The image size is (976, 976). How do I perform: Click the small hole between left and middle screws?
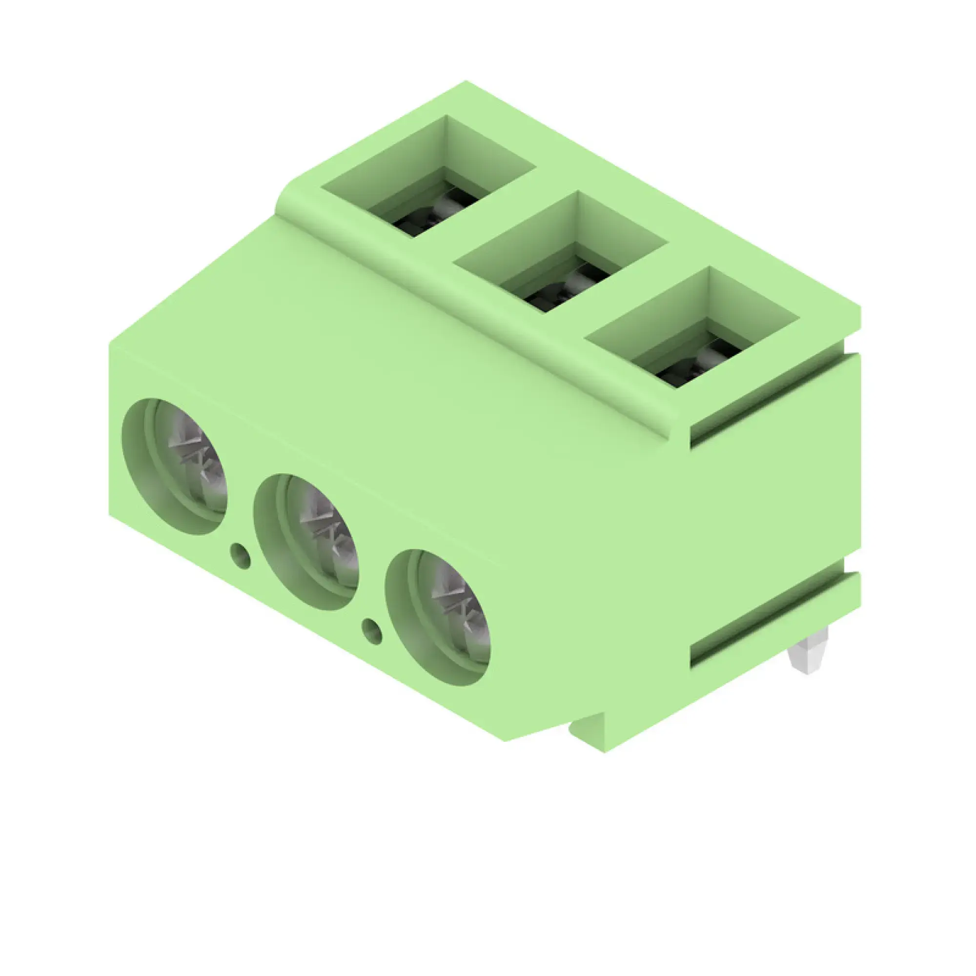point(241,556)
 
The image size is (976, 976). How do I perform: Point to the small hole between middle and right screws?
point(373,631)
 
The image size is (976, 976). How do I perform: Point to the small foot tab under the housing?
point(586,728)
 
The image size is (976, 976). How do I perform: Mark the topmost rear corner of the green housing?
point(466,82)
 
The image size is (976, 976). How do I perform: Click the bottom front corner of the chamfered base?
point(507,741)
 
